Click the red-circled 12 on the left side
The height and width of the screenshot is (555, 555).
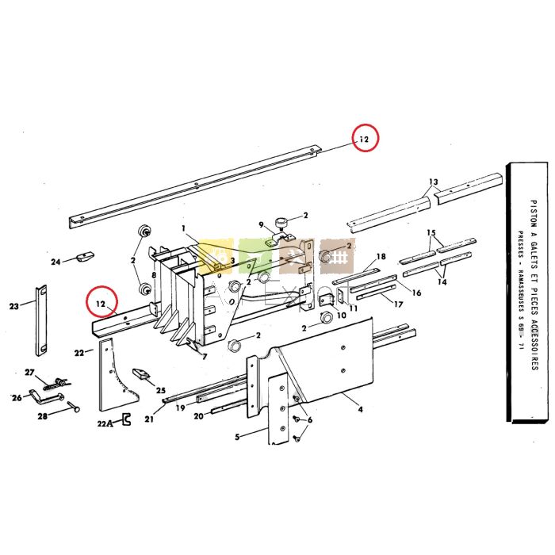tap(101, 302)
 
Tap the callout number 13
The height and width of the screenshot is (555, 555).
tap(433, 182)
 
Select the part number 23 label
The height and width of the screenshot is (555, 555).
tap(13, 306)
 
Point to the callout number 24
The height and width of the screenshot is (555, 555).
tap(55, 262)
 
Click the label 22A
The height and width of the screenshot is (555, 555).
tap(105, 423)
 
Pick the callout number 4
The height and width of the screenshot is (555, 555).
tap(361, 410)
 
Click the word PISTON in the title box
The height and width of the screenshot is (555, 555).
tap(534, 207)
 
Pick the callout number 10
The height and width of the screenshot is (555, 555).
tap(342, 315)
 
